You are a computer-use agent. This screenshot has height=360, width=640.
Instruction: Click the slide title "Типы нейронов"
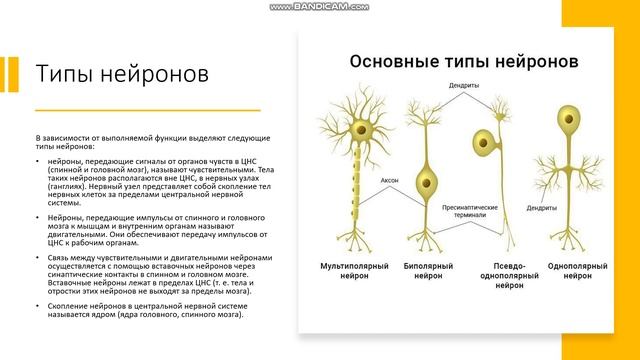(122, 76)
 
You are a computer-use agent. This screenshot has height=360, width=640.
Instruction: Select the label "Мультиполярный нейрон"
(353, 272)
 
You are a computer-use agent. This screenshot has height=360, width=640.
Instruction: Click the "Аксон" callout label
(390, 181)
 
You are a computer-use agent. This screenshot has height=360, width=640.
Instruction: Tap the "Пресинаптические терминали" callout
(464, 210)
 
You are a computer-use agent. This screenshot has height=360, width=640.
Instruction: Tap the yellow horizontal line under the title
(119, 109)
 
